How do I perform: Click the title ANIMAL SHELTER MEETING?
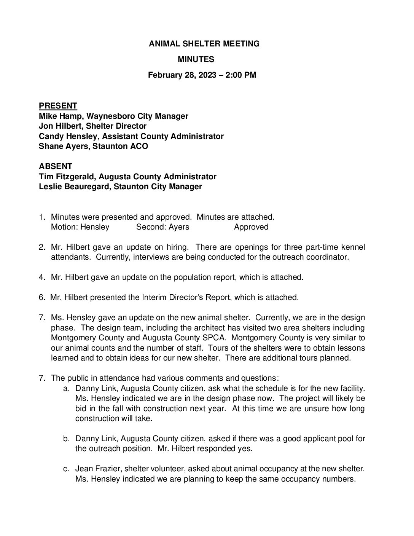click(x=204, y=44)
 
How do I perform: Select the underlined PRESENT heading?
click(x=58, y=106)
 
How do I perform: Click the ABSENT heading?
click(x=56, y=166)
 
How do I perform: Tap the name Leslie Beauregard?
click(x=75, y=187)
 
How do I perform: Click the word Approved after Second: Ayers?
click(x=251, y=227)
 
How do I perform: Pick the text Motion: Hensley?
click(x=80, y=227)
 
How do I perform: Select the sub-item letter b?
click(x=66, y=439)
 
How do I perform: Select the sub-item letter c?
click(x=66, y=469)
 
